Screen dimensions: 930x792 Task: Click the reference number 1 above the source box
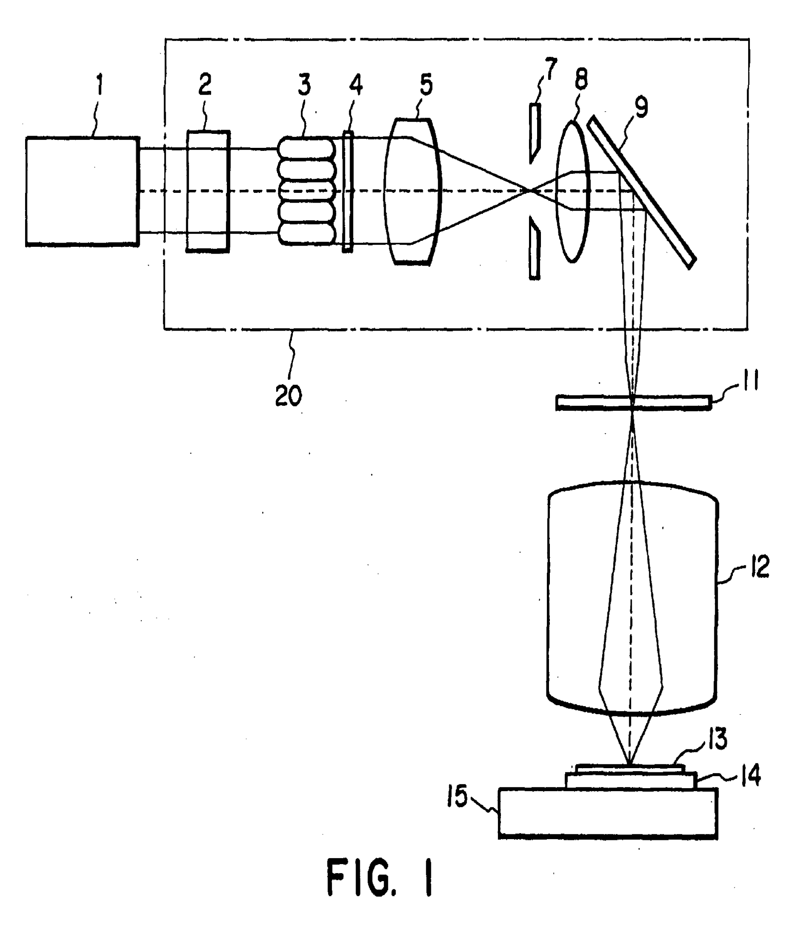click(x=100, y=85)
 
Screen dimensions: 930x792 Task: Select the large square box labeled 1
click(x=82, y=192)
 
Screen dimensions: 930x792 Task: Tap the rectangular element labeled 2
click(x=208, y=192)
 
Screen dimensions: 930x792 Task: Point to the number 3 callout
click(x=304, y=85)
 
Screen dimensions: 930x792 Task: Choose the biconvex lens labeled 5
click(x=413, y=192)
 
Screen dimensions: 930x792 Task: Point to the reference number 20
click(x=288, y=396)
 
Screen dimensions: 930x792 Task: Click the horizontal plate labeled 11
click(x=633, y=402)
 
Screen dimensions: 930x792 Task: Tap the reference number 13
click(x=718, y=739)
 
